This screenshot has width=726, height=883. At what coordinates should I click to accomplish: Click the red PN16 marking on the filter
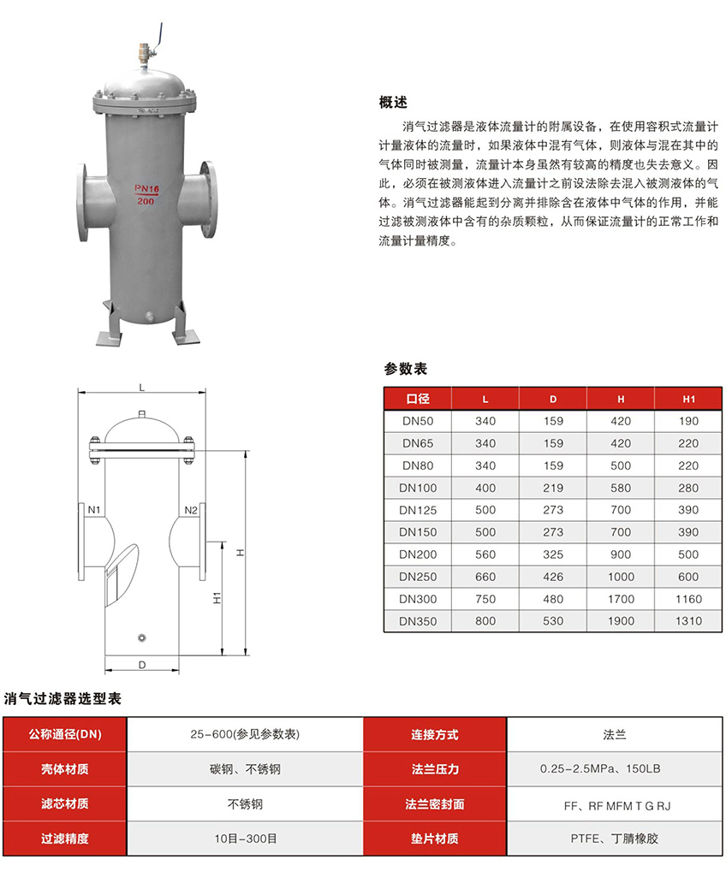click(146, 188)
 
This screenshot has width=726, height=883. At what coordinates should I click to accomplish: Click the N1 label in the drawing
click(94, 510)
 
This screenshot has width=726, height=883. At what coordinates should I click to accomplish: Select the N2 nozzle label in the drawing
click(191, 510)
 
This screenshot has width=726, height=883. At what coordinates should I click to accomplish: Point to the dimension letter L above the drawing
click(142, 388)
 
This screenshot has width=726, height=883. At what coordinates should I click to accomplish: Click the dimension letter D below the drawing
click(142, 665)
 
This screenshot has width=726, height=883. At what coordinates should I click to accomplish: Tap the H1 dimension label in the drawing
click(217, 598)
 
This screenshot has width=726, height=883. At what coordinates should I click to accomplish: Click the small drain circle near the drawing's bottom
click(142, 637)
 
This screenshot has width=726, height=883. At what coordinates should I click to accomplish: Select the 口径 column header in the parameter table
click(418, 399)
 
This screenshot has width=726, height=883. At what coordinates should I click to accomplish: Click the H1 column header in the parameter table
click(689, 400)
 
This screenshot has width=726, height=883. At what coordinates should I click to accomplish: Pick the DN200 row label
click(418, 554)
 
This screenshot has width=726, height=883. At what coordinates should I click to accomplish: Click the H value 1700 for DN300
click(621, 599)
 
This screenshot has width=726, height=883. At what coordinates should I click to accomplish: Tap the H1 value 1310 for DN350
click(689, 621)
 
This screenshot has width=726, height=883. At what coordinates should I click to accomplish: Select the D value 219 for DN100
click(553, 489)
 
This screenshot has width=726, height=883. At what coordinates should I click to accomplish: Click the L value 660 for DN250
click(485, 578)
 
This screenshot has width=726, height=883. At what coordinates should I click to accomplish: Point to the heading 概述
click(393, 103)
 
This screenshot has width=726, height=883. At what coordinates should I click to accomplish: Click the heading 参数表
click(406, 369)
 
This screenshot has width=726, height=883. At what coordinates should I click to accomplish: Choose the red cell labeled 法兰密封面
click(435, 804)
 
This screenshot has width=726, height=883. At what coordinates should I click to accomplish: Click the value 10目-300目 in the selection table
click(245, 839)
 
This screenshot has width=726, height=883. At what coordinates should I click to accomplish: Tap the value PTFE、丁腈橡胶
click(615, 839)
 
